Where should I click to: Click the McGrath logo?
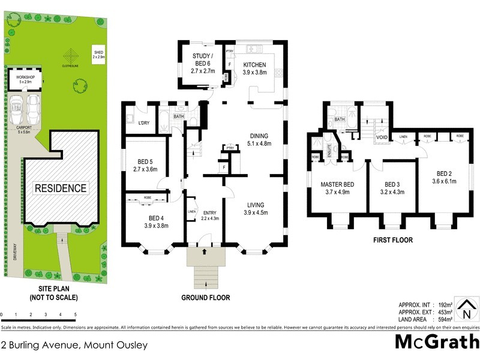click(x=436, y=342)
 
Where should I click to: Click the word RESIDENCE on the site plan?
click(x=60, y=188)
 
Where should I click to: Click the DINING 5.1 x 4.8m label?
click(x=259, y=139)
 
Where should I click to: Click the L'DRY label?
click(x=143, y=123)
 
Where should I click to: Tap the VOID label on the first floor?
click(x=382, y=137)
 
